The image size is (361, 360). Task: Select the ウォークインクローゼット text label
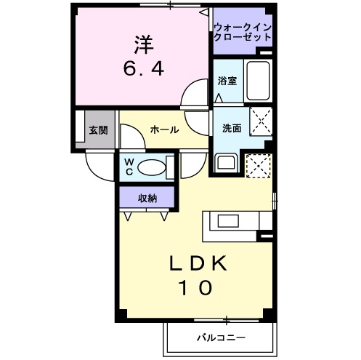point(242,33)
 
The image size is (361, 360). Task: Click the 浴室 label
point(227,81)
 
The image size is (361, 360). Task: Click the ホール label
point(164,129)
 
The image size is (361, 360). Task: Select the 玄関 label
point(97,131)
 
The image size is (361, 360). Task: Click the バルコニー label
point(221,338)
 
